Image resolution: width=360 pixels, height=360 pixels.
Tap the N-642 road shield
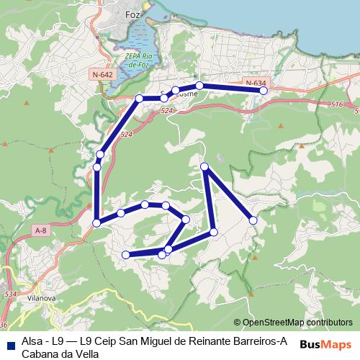point(102,74)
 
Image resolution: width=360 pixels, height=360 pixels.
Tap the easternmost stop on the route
point(264,91)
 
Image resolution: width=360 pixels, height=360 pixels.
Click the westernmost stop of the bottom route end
point(126,254)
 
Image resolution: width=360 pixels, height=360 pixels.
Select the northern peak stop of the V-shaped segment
point(204,167)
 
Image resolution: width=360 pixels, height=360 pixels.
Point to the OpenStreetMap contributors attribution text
point(297,323)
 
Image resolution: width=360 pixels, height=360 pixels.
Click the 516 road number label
point(337,105)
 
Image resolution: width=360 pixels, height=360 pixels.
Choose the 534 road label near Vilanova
point(10,294)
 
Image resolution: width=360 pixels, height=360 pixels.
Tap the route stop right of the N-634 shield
point(264,91)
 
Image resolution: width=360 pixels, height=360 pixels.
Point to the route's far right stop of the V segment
point(253,220)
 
